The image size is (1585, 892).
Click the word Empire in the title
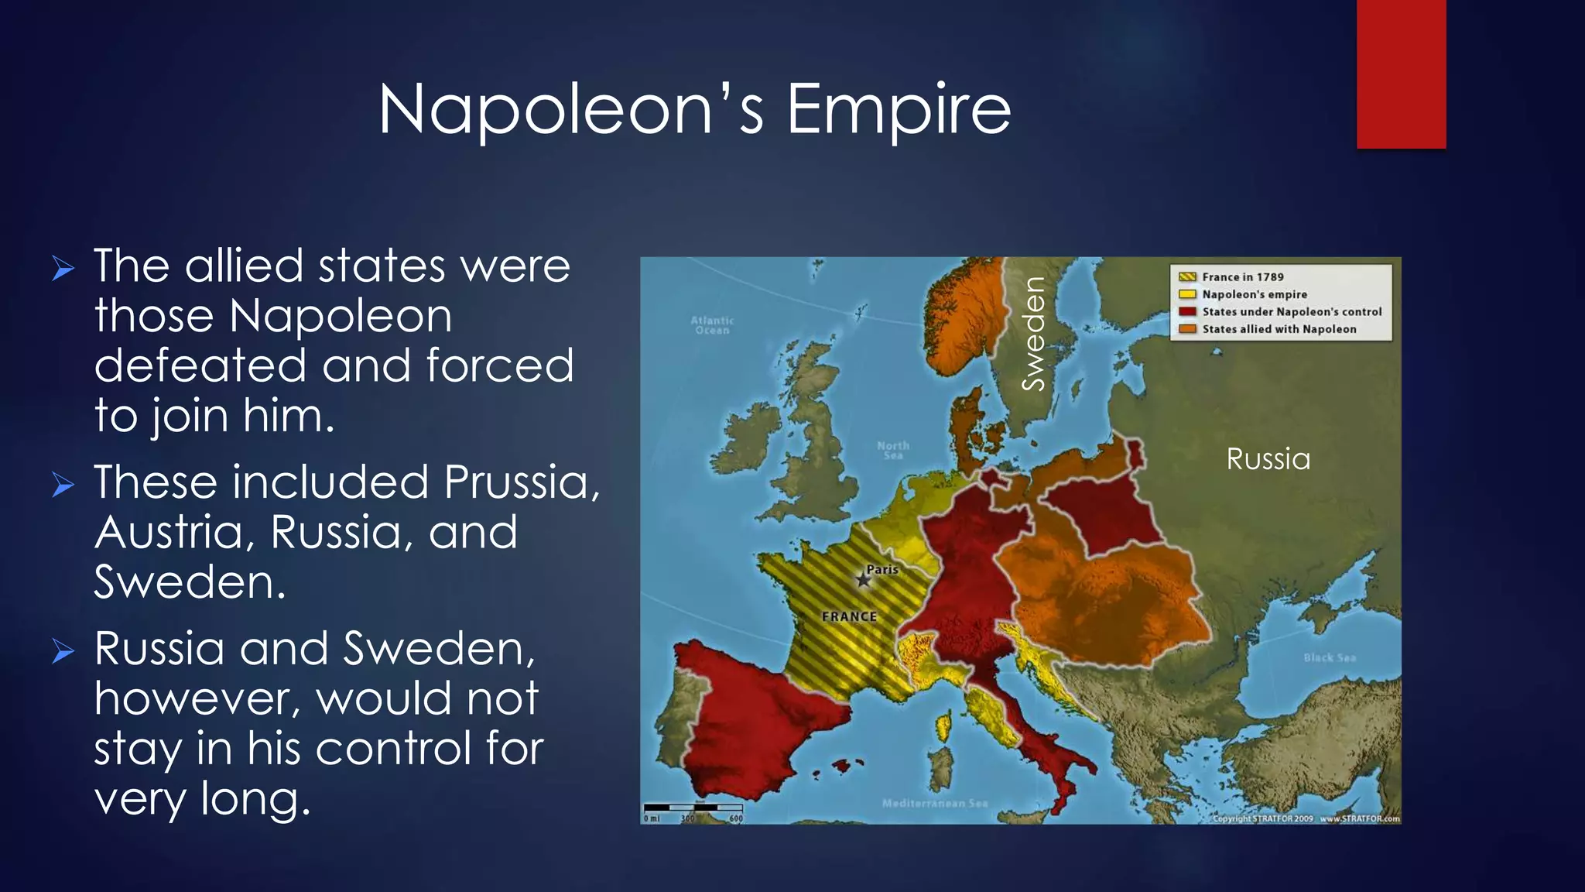[899, 110]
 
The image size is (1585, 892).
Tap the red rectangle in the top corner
[1401, 74]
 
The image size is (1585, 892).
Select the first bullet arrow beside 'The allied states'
[63, 269]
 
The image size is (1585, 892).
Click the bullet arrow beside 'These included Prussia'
[63, 485]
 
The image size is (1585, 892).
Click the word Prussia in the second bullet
[521, 482]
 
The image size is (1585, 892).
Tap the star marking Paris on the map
[863, 580]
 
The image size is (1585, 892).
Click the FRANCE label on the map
[849, 617]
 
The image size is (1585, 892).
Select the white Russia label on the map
[1268, 459]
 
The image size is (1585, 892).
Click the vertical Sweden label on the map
[1034, 333]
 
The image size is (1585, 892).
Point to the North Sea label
[892, 450]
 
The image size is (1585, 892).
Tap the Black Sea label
[1329, 657]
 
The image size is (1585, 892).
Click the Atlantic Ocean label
[712, 325]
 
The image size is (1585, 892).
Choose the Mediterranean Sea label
[934, 803]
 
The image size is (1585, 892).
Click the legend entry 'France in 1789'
[1241, 277]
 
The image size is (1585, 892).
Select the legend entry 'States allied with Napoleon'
[1278, 329]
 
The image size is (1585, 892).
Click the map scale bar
[693, 809]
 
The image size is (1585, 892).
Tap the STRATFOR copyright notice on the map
[1306, 818]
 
